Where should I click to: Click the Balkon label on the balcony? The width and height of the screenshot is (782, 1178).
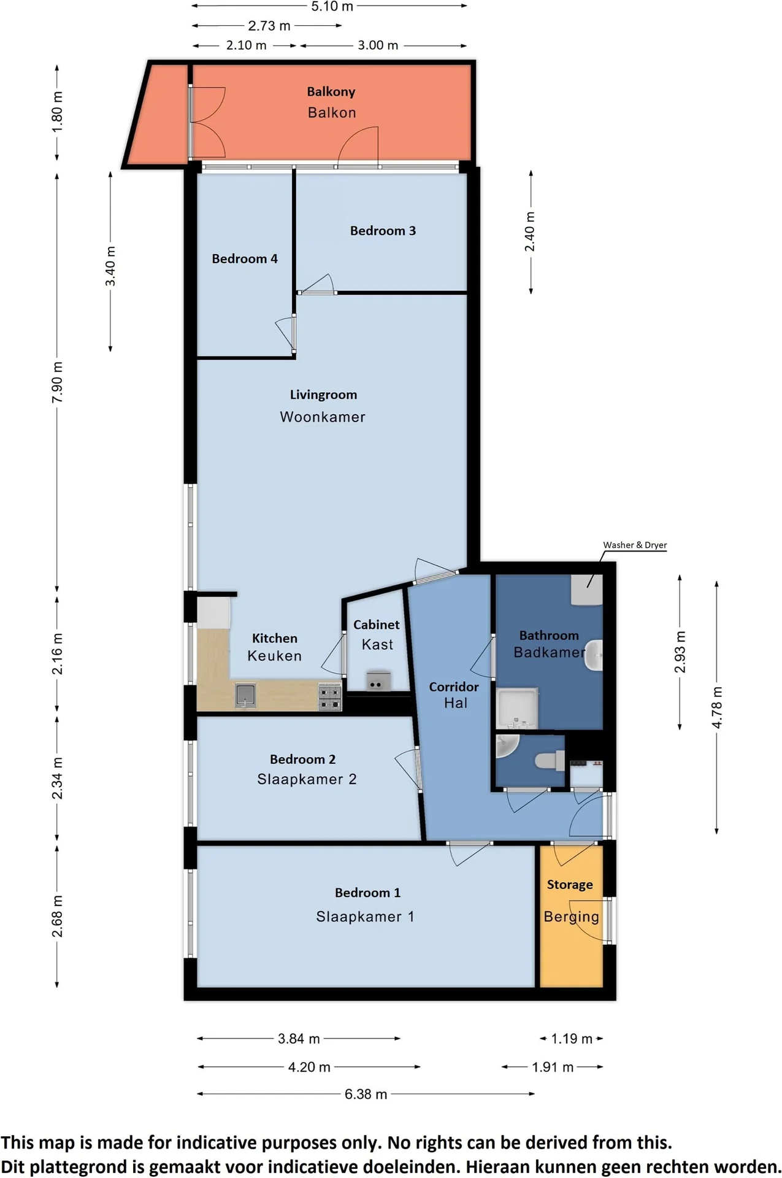(x=331, y=112)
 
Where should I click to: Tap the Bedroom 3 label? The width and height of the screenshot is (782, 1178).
(x=383, y=231)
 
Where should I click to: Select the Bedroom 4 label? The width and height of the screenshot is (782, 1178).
(x=244, y=259)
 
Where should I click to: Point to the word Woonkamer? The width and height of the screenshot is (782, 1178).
(x=323, y=417)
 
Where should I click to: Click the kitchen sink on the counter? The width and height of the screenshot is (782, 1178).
(x=245, y=696)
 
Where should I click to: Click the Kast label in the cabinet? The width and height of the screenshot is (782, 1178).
(x=377, y=645)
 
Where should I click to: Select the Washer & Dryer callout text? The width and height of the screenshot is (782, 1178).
(x=634, y=545)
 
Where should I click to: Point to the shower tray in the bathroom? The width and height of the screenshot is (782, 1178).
(x=517, y=708)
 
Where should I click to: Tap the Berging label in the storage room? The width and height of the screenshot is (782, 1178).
(x=571, y=917)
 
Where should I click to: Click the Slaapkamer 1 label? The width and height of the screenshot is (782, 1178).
(x=365, y=917)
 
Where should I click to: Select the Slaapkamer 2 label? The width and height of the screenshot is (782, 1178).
(x=307, y=779)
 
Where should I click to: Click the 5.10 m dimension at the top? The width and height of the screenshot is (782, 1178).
(x=332, y=7)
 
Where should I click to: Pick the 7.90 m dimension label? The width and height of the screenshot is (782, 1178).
(x=57, y=382)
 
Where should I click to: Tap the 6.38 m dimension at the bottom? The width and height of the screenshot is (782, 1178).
(x=366, y=1094)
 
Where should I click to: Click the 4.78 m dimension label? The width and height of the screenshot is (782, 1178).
(x=716, y=707)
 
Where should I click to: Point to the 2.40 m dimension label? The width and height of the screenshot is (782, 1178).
(x=530, y=231)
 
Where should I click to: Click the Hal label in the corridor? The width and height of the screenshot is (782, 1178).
(x=455, y=703)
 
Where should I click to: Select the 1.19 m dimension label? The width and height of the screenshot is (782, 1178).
(x=571, y=1039)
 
